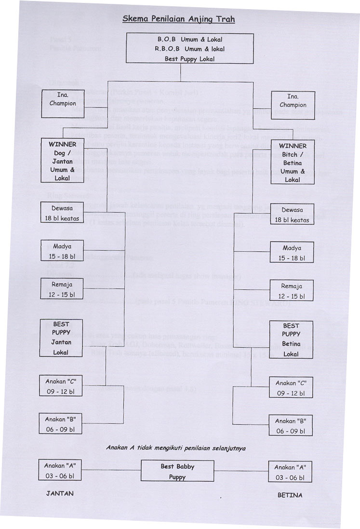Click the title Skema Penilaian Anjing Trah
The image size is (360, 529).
coord(178,19)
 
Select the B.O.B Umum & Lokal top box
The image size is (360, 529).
coord(190,48)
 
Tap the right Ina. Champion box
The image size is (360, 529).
coord(293,105)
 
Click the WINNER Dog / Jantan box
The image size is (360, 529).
coord(62,162)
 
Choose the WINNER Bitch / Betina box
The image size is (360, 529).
coord(293,163)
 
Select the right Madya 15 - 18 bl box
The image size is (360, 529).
coord(291,253)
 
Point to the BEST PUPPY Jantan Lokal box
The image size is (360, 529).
coord(62,338)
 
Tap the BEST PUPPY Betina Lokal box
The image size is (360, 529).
coord(291,339)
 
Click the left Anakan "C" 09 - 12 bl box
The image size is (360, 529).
coord(60,386)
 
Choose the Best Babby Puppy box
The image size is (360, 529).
coord(177,471)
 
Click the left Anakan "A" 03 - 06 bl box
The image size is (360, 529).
coord(60,470)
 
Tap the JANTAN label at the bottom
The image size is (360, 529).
coord(60,493)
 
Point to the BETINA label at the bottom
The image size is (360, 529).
coord(290,495)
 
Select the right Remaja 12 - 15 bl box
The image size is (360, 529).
coord(291,291)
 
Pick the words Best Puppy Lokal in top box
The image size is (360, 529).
coord(190,59)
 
